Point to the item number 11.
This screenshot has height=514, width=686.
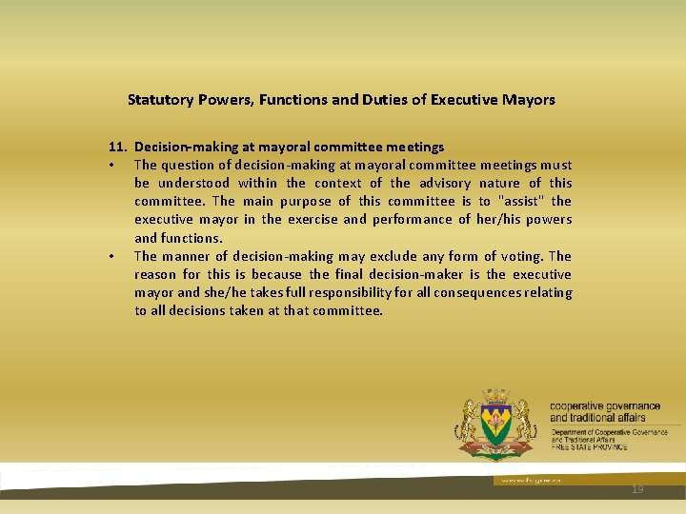[117, 147]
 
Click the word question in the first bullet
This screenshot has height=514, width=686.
[191, 165]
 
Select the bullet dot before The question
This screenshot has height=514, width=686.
[111, 166]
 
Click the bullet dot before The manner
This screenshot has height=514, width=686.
[111, 257]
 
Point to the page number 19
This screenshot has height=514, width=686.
[637, 489]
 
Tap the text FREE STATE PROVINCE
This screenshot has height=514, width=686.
[589, 446]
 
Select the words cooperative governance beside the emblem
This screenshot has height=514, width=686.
[604, 406]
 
